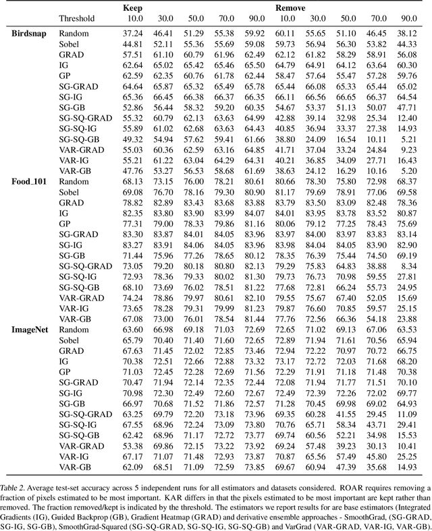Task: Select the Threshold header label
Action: [x=76, y=19]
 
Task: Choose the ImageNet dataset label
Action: [x=32, y=330]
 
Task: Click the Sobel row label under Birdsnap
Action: [x=70, y=44]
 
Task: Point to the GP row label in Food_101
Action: [x=65, y=224]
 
